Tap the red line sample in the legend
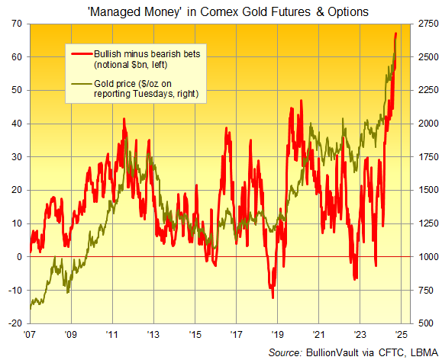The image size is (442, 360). coord(81,54)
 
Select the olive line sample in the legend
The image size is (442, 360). coord(81,82)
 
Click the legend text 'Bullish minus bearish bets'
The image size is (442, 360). coord(147,54)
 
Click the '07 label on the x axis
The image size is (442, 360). coord(30,334)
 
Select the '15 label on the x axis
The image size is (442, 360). coord(195,334)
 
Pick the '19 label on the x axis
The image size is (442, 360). coord(277,334)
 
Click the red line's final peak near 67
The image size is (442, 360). coord(395,34)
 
